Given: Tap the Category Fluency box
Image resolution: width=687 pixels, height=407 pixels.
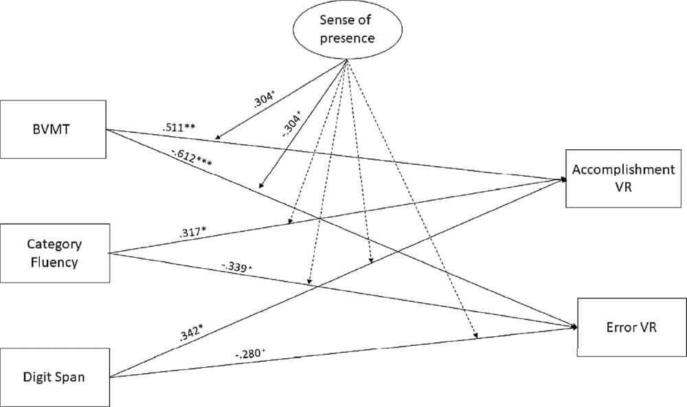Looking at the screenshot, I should [x=55, y=252].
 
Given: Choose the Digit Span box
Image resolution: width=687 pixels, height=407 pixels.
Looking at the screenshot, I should [x=55, y=377].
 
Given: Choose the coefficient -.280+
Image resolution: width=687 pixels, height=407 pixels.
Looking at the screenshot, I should [x=251, y=354].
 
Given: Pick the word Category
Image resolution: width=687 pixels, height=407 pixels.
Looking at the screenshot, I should [x=55, y=244].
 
